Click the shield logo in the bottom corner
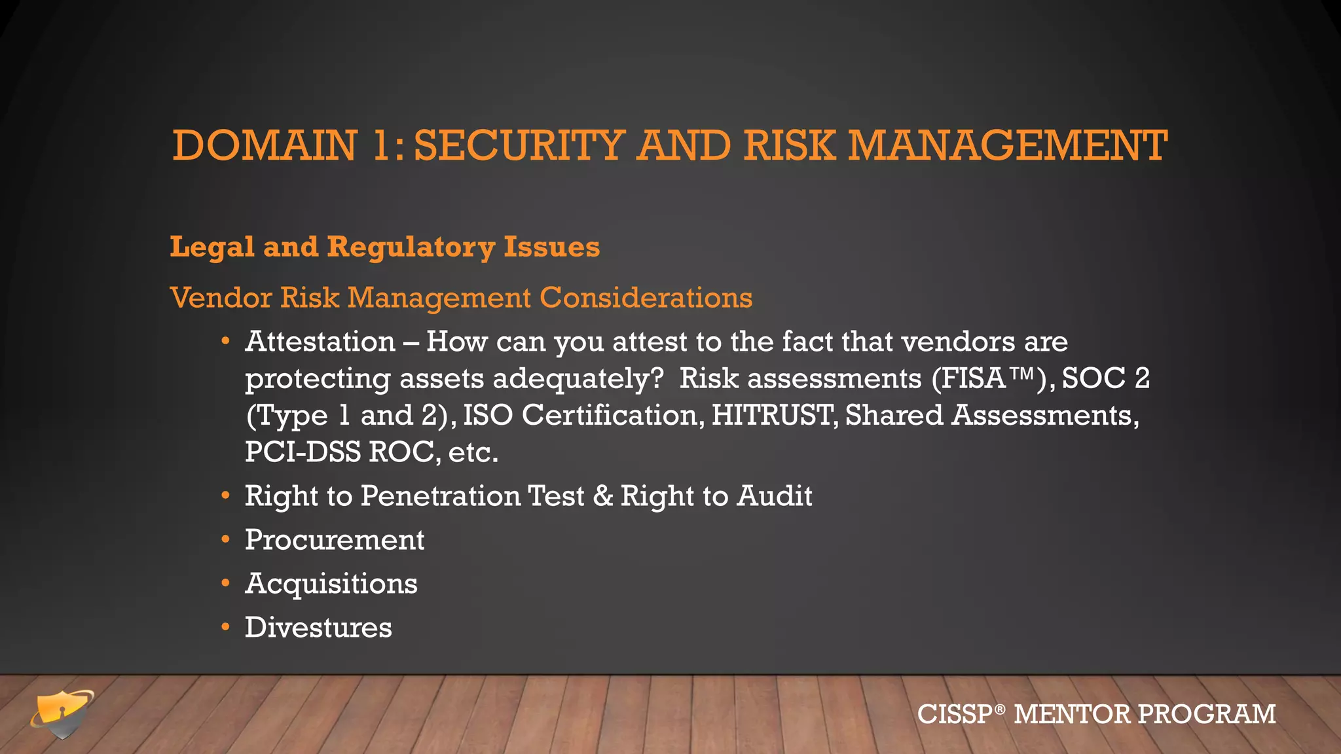click(x=62, y=713)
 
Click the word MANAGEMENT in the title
click(x=1008, y=145)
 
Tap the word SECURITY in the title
click(x=519, y=145)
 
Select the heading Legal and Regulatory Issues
click(x=384, y=247)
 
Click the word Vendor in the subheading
click(x=221, y=298)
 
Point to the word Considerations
click(x=646, y=298)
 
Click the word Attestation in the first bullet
click(x=320, y=342)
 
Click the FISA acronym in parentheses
click(x=973, y=378)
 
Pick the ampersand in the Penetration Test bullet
click(x=602, y=496)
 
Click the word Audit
click(x=775, y=496)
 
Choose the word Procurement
click(x=334, y=540)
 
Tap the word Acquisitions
click(x=331, y=584)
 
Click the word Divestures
click(x=318, y=628)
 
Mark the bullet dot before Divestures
click(x=225, y=628)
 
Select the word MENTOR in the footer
click(x=1071, y=714)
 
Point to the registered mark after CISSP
click(x=999, y=708)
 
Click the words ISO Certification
click(x=583, y=415)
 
